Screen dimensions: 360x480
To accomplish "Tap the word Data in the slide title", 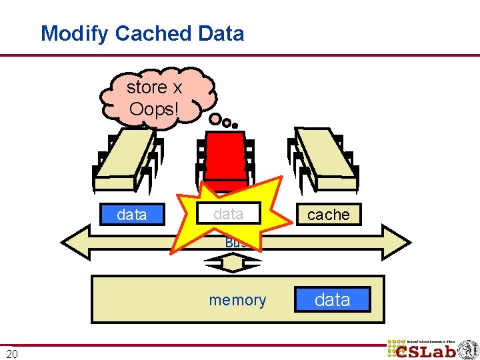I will coord(222,33).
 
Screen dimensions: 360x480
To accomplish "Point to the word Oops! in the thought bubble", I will coord(154,108).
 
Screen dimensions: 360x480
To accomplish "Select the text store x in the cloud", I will coord(155,87).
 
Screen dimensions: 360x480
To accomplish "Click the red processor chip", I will coord(225,160).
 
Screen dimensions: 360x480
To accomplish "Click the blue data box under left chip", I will coord(132,215).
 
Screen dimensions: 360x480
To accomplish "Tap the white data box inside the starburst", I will coord(229,213).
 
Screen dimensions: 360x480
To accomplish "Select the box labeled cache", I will coord(329,215).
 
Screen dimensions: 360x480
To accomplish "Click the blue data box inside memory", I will coord(332,300).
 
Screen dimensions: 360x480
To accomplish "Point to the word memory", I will coord(237,301).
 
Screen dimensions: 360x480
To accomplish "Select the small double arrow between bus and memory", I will coord(233,264).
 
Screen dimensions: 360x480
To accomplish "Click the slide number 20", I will coord(12,353).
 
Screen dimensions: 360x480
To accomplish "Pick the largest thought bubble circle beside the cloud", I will coord(216,119).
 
